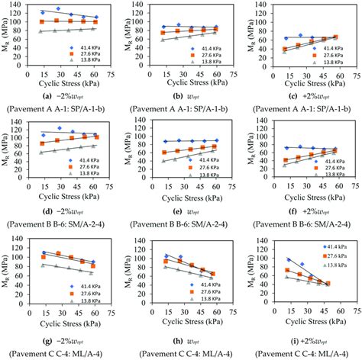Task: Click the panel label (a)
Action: click(48, 95)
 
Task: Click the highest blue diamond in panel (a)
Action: click(59, 9)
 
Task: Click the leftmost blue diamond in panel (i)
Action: click(289, 260)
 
